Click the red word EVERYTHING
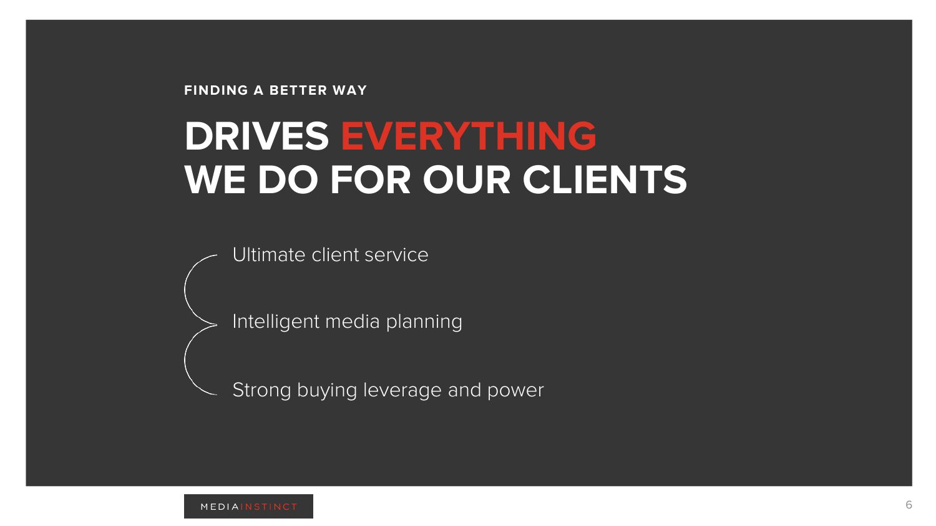click(469, 136)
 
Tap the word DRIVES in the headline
click(256, 136)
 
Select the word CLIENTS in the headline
click(605, 180)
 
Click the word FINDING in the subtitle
click(216, 90)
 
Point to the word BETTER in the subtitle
click(298, 90)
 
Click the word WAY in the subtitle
click(349, 90)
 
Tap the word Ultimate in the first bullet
click(269, 255)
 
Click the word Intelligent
click(276, 322)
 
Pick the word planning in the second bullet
click(424, 322)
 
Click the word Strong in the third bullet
click(261, 390)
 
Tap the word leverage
click(402, 390)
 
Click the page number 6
click(909, 505)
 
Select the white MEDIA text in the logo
click(220, 507)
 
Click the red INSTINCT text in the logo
click(269, 507)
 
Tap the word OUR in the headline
click(466, 180)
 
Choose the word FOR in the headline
click(370, 180)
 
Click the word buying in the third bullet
click(327, 390)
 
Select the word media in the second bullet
click(353, 322)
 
